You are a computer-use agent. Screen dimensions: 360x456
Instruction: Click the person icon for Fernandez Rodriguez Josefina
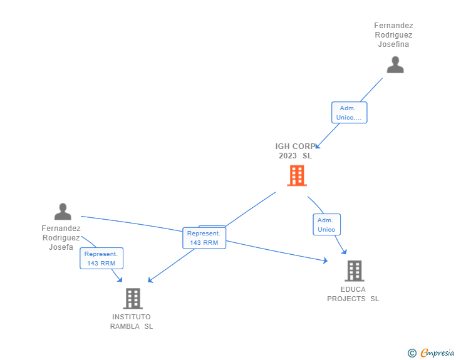point(395,65)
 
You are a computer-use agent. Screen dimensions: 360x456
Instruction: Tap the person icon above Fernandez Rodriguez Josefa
point(63,212)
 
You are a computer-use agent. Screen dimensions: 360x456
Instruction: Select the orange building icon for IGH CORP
point(297,176)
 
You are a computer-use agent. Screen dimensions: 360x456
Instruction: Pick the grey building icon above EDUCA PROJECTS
point(355,270)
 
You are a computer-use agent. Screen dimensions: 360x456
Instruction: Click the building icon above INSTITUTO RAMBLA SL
point(133,299)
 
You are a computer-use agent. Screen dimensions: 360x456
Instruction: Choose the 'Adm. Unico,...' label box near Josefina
point(349,113)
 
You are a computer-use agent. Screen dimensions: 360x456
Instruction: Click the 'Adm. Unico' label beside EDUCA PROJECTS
point(326,225)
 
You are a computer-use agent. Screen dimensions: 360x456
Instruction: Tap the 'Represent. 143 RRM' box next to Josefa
point(101,259)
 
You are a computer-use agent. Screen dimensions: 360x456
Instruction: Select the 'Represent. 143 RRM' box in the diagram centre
point(204,238)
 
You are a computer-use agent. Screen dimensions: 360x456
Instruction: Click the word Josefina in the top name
point(393,44)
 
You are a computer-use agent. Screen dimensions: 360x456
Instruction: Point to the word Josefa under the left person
point(61,247)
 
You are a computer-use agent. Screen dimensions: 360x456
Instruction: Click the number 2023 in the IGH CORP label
point(288,156)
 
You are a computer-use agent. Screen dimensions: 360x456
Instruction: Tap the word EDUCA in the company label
point(353,289)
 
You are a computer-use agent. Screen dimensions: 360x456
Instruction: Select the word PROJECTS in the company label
point(346,299)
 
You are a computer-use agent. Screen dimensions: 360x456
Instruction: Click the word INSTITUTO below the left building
point(132,317)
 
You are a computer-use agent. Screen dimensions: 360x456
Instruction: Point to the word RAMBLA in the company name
point(125,326)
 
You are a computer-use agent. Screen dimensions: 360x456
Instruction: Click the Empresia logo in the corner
point(437,353)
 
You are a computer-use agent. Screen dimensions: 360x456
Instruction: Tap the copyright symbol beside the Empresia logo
point(412,354)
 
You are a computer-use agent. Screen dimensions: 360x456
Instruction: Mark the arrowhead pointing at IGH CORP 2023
point(316,147)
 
